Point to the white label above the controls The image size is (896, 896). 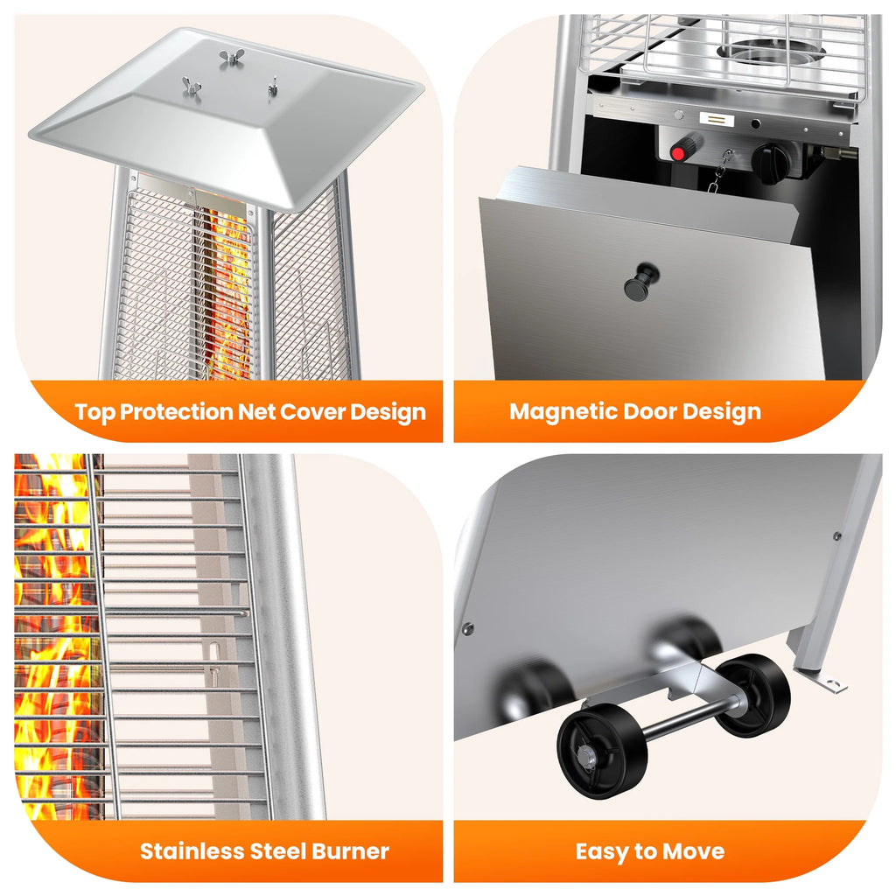[x=717, y=119]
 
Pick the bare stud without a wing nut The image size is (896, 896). [x=273, y=86]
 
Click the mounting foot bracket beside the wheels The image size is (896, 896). [x=828, y=681]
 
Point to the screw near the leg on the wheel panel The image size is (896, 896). [x=836, y=536]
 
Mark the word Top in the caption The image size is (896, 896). [x=94, y=413]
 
